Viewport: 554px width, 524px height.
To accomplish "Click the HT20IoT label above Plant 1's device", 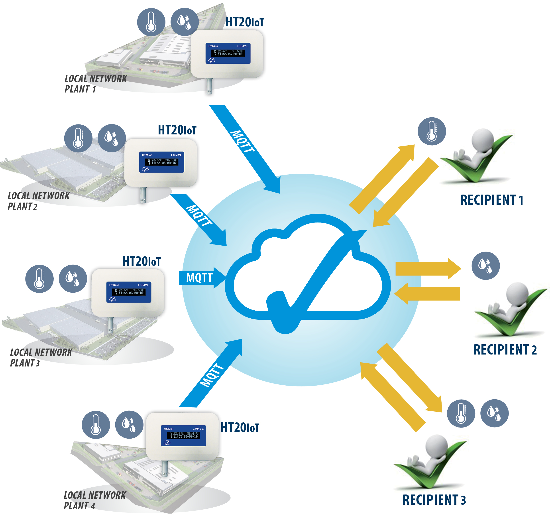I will (245, 22).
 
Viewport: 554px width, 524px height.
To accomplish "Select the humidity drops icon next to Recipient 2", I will (486, 266).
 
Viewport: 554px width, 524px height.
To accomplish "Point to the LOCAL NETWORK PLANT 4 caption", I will (94, 500).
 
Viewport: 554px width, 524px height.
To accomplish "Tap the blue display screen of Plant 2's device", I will (161, 162).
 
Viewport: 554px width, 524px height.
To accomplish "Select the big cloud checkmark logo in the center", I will (307, 274).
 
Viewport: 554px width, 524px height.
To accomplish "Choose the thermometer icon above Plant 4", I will (96, 425).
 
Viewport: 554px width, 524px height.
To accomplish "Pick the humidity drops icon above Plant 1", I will (185, 22).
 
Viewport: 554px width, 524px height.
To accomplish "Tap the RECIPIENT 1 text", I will (491, 200).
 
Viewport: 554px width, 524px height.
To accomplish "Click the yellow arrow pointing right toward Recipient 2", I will (427, 269).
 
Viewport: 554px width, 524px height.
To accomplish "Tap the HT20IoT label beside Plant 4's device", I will (240, 427).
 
